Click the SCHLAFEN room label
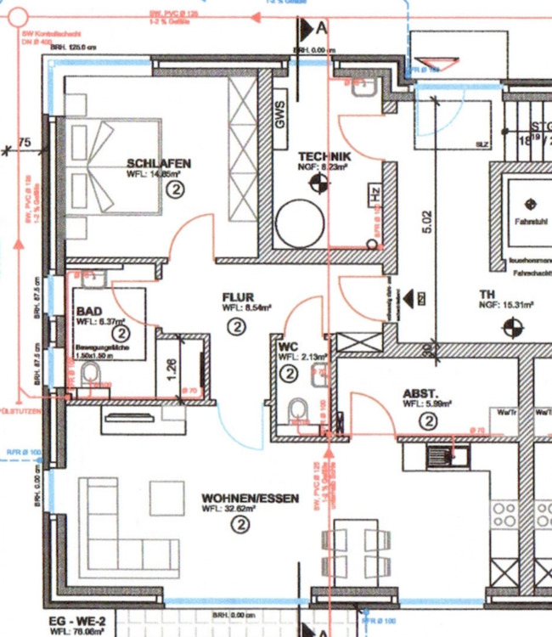coord(159,163)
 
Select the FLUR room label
coord(239,296)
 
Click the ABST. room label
coord(420,393)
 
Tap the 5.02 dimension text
coord(427,222)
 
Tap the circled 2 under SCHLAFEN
coord(176,191)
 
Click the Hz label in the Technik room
coord(374,194)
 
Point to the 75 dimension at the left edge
coord(24,143)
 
